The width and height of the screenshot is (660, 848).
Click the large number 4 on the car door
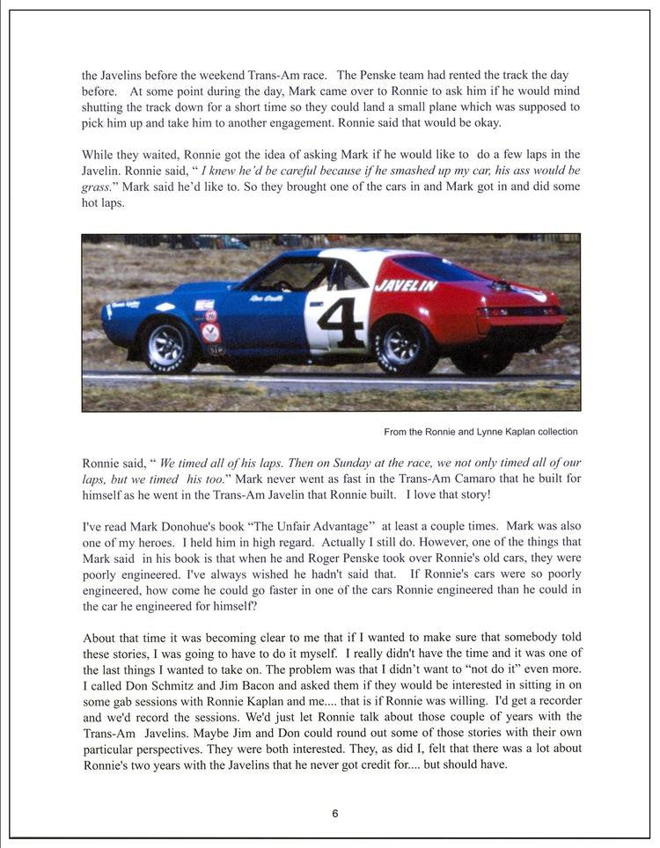click(341, 323)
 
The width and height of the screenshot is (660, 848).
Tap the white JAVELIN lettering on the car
click(406, 286)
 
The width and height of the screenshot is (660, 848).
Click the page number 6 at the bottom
click(334, 814)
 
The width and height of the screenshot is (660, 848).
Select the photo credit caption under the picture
click(480, 432)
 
